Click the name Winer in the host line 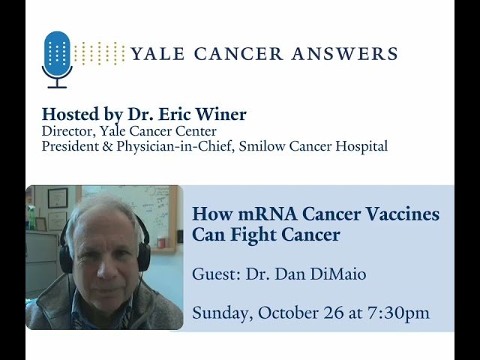tap(221, 115)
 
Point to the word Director tap(66, 131)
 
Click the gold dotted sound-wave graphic tap(100, 52)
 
